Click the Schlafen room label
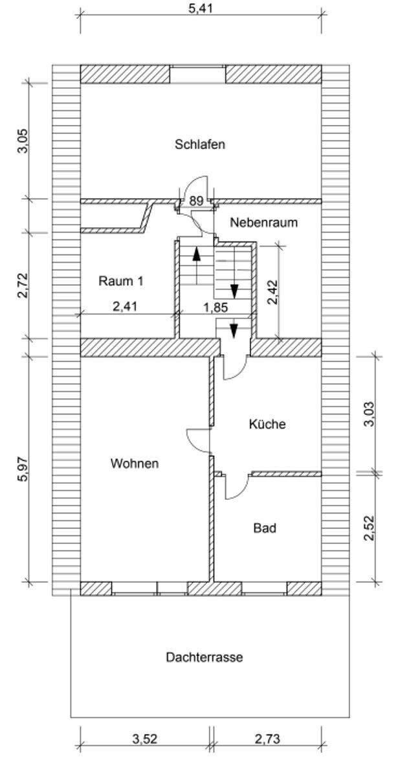tap(199, 144)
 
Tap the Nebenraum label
tap(264, 222)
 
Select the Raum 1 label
tap(120, 280)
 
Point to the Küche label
tap(267, 424)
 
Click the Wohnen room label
tap(135, 464)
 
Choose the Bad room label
tap(265, 528)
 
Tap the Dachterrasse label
tap(204, 657)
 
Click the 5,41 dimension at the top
tap(200, 8)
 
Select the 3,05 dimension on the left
tap(23, 141)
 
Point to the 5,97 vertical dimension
tap(23, 469)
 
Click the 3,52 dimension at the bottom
tap(144, 739)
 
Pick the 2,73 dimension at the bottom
tap(267, 739)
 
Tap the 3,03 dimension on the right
tap(370, 414)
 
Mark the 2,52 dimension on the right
tap(370, 528)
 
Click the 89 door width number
tap(196, 201)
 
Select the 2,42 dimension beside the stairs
tap(272, 292)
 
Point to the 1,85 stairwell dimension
tap(216, 308)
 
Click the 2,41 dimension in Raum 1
tap(125, 306)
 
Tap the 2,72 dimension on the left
tap(23, 286)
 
